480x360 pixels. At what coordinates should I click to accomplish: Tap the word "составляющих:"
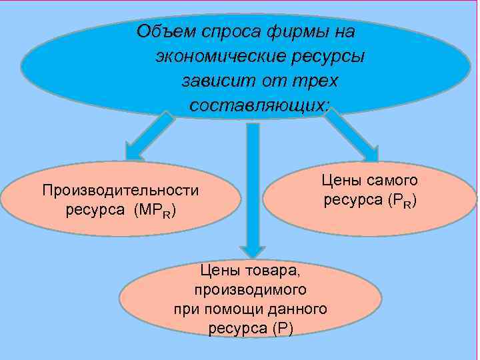260,105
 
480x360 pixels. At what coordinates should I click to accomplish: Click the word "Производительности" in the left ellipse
121,190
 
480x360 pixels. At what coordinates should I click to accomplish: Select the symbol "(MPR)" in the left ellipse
155,211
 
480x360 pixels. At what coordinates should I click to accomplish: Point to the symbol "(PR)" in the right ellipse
400,201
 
